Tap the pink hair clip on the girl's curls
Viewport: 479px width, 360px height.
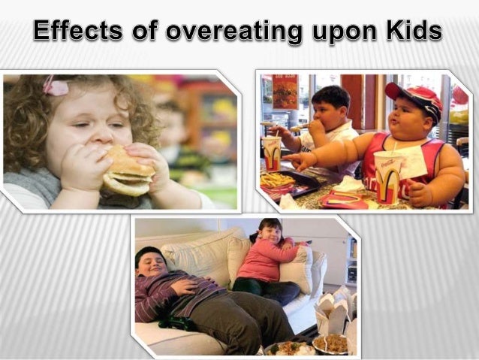tap(55, 86)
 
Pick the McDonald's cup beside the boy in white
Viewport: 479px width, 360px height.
tap(272, 153)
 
